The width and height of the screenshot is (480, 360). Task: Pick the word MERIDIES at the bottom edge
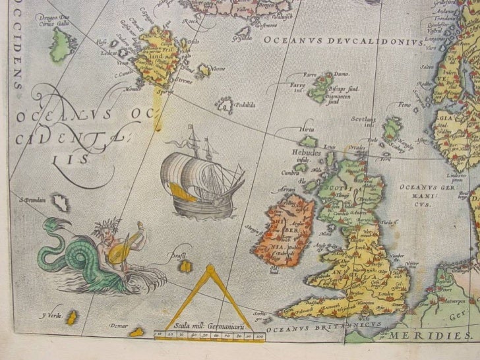coord(429,336)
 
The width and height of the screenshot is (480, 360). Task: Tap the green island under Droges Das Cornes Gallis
coord(63,44)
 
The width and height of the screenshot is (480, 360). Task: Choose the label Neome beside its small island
coord(219,68)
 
